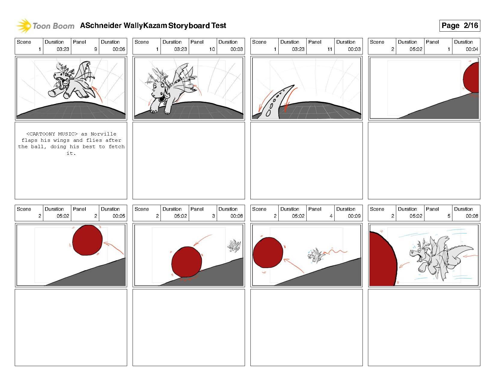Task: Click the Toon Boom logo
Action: coord(45,26)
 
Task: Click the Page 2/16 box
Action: coord(459,26)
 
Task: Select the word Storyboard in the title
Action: coord(189,26)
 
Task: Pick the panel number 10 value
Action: coord(212,49)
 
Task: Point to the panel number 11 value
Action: coord(330,49)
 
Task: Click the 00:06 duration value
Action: coord(119,49)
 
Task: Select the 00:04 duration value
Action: coord(472,49)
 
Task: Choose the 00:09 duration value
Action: coord(354,216)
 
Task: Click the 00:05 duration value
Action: coord(119,216)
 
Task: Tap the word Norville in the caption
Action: coord(103,134)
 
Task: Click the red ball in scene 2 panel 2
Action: coord(87,240)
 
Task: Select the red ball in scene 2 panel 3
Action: coord(187,262)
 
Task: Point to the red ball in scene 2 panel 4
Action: coord(268,252)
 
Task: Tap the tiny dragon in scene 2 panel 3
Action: coord(234,246)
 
